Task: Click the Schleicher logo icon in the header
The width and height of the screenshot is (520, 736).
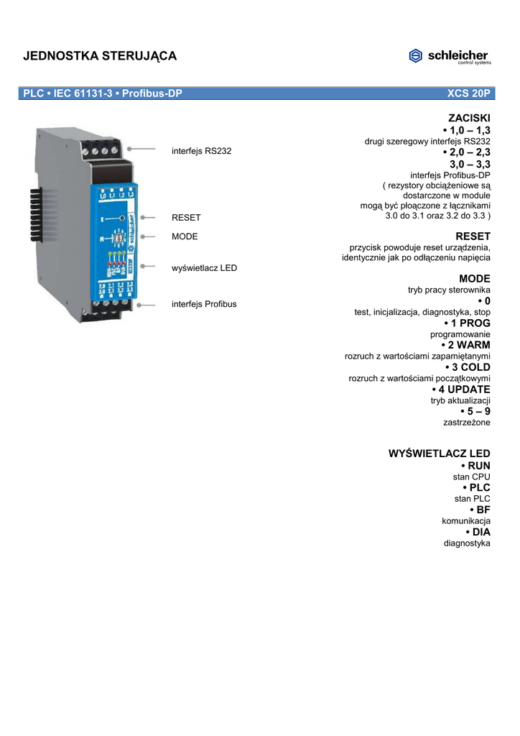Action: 416,56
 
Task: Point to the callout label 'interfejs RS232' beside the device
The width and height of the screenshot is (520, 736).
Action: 201,151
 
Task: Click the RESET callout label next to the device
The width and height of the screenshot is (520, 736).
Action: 186,217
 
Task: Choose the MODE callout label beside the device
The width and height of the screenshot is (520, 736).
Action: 185,236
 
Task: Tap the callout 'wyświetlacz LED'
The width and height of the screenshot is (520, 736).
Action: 204,268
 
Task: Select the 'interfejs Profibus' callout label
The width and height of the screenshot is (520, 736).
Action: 204,304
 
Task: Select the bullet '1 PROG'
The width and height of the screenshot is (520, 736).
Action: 466,323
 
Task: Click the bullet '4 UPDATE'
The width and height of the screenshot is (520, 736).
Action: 460,390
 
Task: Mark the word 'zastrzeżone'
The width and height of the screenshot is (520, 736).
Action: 467,423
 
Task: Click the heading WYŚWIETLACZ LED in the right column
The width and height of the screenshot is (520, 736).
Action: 439,454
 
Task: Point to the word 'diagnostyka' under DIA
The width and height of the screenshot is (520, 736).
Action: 467,543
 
